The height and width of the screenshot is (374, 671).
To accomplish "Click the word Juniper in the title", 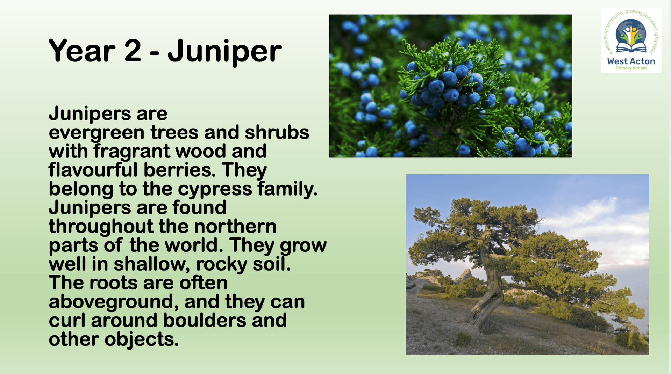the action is click(224, 52).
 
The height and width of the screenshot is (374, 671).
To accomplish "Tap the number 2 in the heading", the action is click(133, 51).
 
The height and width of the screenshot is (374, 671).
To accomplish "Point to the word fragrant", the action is click(132, 152).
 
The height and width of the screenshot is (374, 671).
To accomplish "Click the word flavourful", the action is click(93, 170).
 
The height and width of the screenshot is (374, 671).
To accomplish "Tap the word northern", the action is click(235, 226).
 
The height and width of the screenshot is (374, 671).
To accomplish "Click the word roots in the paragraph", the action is click(113, 283).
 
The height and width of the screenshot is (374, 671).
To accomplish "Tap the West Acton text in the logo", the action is click(631, 61).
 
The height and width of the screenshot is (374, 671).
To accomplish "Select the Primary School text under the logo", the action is click(631, 68).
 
